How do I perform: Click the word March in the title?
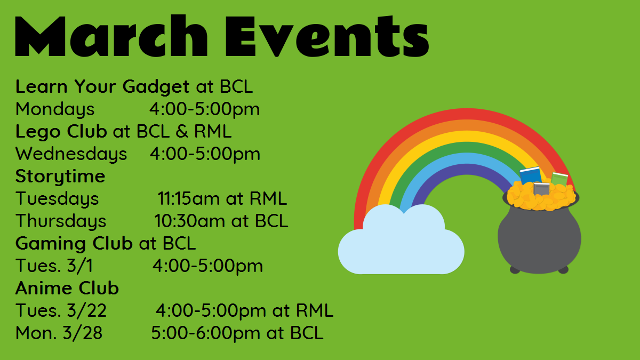click(111, 35)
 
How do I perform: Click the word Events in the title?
click(327, 35)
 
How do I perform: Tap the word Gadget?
click(156, 87)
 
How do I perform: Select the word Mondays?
click(55, 109)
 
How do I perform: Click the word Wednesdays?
click(71, 154)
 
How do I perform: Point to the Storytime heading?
click(60, 176)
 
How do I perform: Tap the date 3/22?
click(87, 310)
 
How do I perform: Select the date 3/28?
click(83, 333)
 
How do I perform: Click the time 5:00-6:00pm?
click(205, 333)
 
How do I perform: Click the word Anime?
click(43, 288)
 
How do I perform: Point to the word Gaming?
click(51, 244)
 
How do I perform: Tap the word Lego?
click(38, 132)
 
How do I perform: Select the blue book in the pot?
click(530, 175)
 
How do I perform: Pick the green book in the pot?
click(559, 179)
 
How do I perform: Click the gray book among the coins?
click(541, 189)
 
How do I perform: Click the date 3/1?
click(80, 266)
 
